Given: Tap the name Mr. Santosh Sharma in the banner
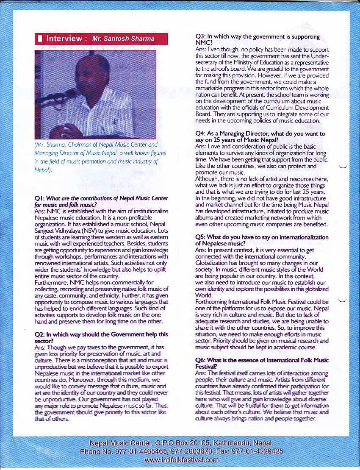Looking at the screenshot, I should pyautogui.click(x=123, y=39).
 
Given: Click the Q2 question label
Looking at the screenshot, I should pyautogui.click(x=39, y=334).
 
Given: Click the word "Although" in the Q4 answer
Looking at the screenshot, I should pyautogui.click(x=207, y=179).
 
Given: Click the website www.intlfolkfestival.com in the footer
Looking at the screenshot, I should pyautogui.click(x=181, y=460).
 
